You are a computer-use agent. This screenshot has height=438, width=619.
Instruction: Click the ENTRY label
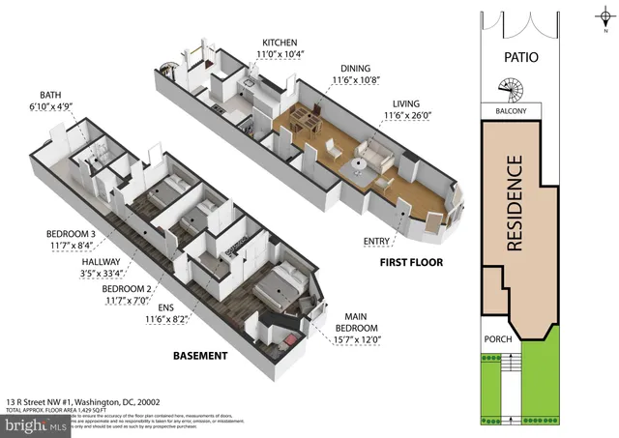(376, 240)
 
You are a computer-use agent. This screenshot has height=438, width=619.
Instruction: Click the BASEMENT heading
(200, 357)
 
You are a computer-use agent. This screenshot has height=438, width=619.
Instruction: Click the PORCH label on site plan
(499, 338)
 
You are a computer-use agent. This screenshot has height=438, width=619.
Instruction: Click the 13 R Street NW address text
(82, 401)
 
